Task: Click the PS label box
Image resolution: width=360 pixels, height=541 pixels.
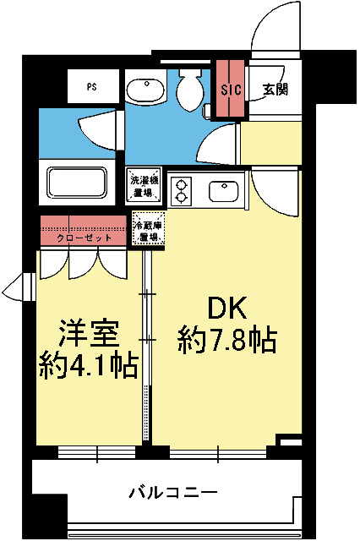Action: pos(91,86)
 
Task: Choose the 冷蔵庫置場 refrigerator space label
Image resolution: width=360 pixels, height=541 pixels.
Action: pos(149,231)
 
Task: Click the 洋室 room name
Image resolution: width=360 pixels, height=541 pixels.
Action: pos(88,332)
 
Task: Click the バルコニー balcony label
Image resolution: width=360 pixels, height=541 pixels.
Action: pos(173,491)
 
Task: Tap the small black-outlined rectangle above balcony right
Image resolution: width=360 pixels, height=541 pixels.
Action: pos(290,441)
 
